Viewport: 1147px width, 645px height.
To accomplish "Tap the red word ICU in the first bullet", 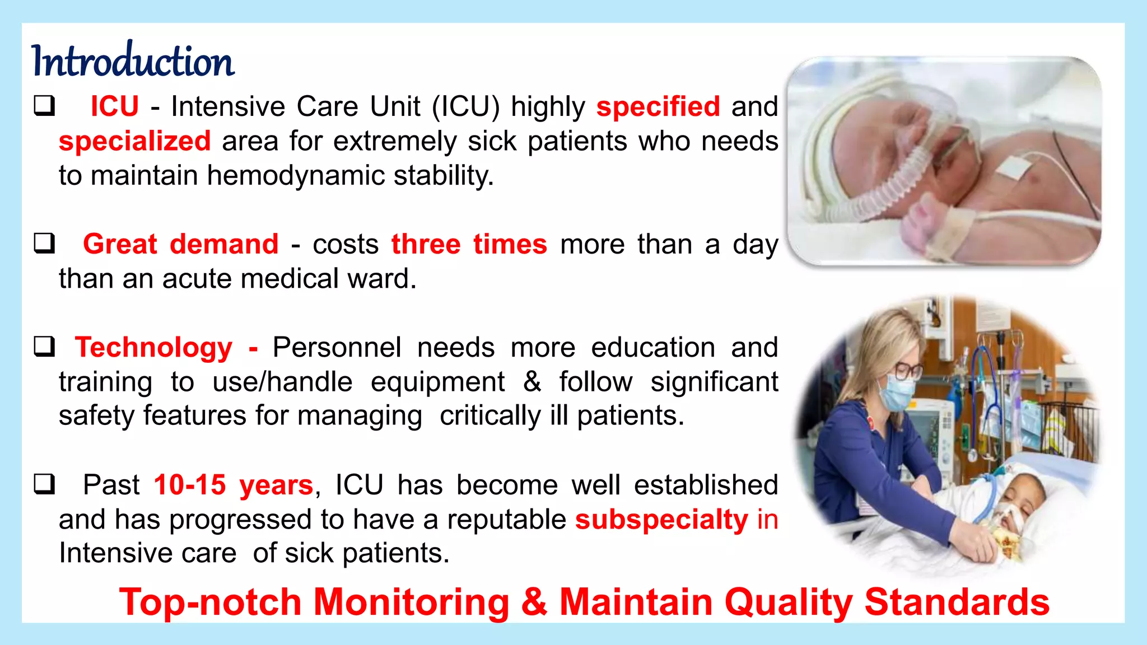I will (x=115, y=106).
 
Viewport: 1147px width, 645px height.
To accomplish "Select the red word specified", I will (x=658, y=106).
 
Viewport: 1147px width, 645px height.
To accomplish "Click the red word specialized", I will (x=135, y=141).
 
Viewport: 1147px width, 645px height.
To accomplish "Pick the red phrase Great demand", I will (x=180, y=244).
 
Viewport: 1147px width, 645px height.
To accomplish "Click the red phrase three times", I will (x=469, y=244).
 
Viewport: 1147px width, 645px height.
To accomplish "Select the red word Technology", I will (x=153, y=347).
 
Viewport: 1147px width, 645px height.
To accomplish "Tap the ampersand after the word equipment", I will (x=531, y=382).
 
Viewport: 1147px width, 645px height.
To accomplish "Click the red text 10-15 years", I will (x=234, y=485).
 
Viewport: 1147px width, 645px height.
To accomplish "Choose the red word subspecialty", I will (x=661, y=520).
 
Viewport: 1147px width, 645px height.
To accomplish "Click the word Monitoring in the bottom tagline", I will (x=411, y=602).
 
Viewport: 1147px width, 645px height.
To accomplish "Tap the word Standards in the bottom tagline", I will (x=957, y=602).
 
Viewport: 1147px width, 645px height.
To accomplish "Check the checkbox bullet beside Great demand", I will (x=44, y=244).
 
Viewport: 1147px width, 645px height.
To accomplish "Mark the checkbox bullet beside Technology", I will (x=44, y=347).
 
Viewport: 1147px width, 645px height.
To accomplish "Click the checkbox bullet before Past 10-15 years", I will (x=44, y=484).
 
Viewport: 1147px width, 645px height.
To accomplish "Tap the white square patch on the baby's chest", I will (x=1012, y=169).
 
